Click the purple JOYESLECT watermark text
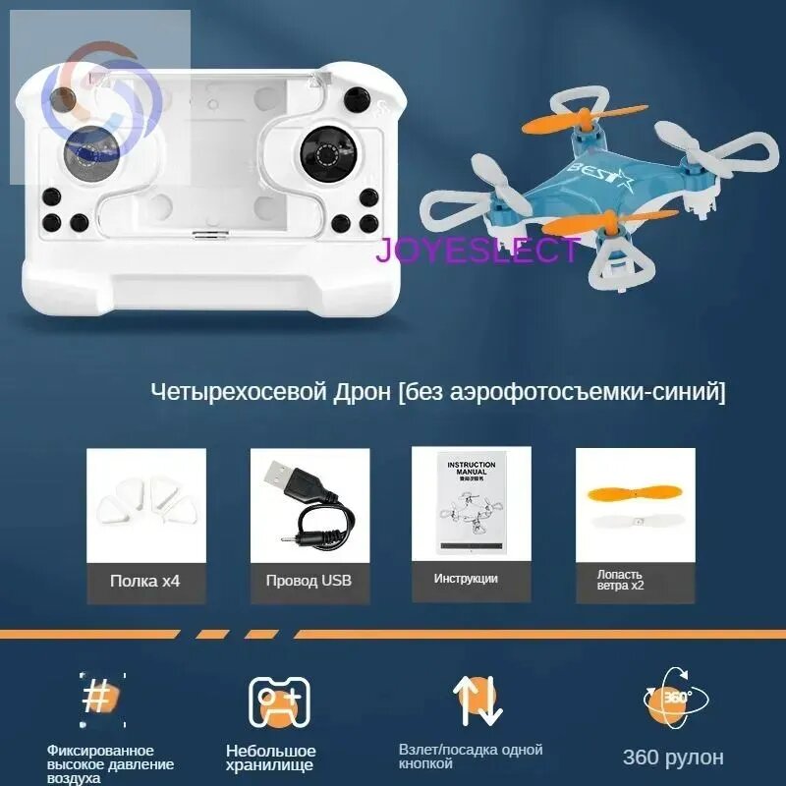click(x=477, y=250)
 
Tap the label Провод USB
click(x=308, y=581)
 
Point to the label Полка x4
click(x=145, y=581)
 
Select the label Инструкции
click(x=466, y=579)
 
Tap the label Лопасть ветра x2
click(x=620, y=580)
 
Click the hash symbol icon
click(x=98, y=698)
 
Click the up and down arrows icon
click(x=477, y=700)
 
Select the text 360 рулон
click(x=673, y=758)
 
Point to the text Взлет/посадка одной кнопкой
click(x=471, y=756)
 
